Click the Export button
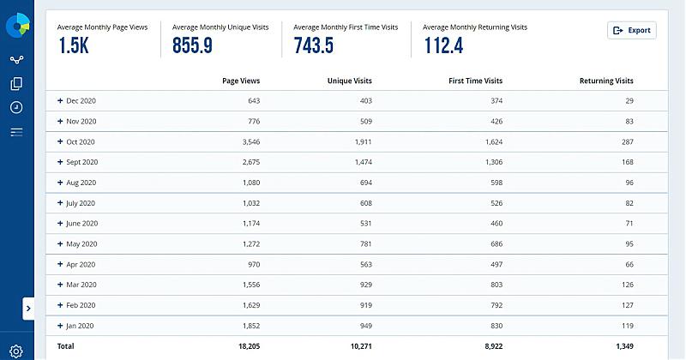tap(632, 31)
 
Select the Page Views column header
tap(241, 81)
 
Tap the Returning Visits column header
tap(606, 81)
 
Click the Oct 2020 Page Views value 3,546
tap(247, 141)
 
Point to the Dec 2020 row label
tap(81, 100)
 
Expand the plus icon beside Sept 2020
tap(60, 162)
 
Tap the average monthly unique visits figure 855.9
tap(192, 46)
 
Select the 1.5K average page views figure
tap(73, 46)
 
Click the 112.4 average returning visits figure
tap(443, 46)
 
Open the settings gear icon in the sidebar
tap(16, 351)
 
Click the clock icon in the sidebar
tap(16, 107)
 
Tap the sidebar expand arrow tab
tap(28, 309)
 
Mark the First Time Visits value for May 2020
tap(491, 244)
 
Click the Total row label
tap(66, 346)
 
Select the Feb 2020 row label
tap(81, 305)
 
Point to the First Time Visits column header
tap(476, 81)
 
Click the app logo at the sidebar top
tap(16, 26)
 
